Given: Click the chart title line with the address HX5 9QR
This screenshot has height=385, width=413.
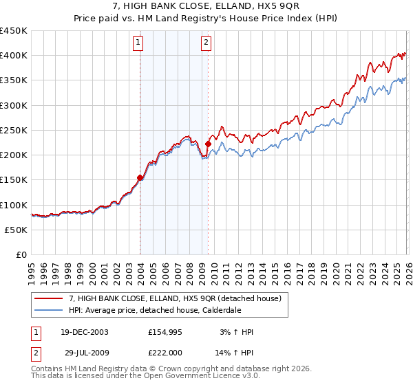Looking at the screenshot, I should tap(206, 7).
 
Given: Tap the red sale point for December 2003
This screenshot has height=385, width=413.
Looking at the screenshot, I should tap(140, 177).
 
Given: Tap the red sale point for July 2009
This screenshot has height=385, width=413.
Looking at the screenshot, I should tap(208, 144).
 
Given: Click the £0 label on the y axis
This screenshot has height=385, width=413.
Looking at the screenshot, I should tap(21, 254).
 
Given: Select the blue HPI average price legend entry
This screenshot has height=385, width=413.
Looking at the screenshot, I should tap(162, 311).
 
